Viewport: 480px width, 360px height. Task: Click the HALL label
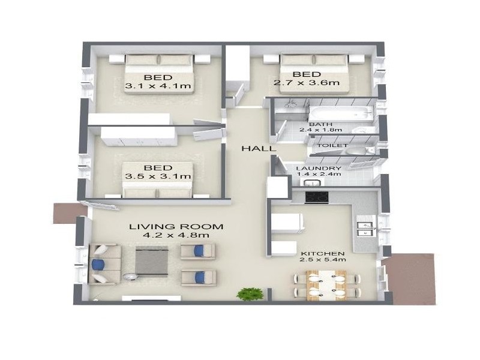(259, 149)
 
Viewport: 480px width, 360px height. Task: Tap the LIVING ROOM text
(176, 227)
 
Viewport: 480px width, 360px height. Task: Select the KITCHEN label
(323, 253)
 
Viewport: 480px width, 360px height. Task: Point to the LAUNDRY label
(319, 169)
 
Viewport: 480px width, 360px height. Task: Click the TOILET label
(332, 145)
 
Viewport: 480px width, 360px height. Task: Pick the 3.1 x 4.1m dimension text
(158, 86)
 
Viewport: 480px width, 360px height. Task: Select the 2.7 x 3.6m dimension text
(307, 83)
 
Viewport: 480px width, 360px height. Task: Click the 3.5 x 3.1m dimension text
(158, 176)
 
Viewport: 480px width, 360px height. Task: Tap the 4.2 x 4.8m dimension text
(176, 235)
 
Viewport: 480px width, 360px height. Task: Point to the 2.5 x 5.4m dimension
(323, 260)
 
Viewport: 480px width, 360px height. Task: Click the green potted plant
(250, 294)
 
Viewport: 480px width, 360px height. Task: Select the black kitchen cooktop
(317, 197)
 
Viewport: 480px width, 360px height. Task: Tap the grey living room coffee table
(152, 260)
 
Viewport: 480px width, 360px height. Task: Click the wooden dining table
(326, 285)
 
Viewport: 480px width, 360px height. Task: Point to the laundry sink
(312, 183)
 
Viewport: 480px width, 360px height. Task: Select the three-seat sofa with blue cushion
(104, 264)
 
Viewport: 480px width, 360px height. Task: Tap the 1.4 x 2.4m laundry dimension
(319, 175)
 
